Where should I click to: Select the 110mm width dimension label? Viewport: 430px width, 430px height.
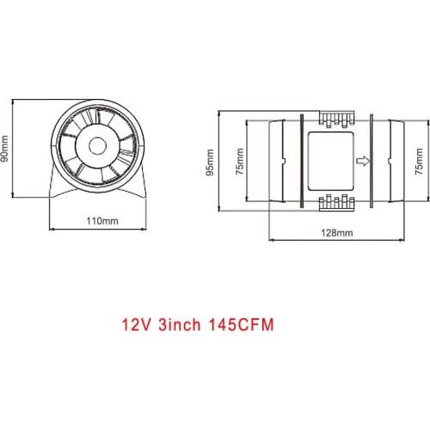click(103, 220)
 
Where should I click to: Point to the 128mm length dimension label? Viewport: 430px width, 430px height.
click(335, 232)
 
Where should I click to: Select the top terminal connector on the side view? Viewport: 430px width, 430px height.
click(335, 119)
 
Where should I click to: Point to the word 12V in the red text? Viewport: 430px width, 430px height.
click(137, 327)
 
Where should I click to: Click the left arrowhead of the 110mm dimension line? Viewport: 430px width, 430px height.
click(54, 229)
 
